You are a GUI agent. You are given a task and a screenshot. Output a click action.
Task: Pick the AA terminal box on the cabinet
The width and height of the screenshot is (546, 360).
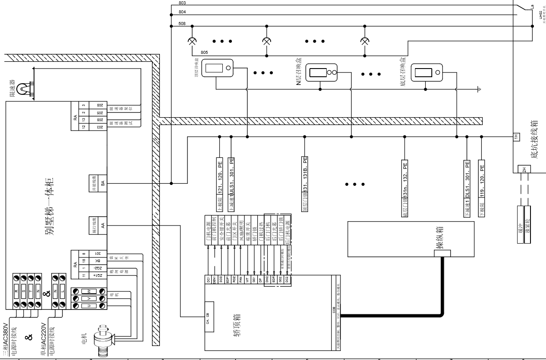point(102,225)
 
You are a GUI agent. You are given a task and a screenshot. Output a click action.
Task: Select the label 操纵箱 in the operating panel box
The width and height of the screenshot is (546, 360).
point(439,239)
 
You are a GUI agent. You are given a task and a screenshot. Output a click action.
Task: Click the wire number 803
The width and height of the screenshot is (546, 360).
point(182,3)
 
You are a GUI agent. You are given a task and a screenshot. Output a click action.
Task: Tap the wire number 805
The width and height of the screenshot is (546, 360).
point(204,52)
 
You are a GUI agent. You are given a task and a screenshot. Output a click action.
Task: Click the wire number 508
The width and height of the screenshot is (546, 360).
point(182,23)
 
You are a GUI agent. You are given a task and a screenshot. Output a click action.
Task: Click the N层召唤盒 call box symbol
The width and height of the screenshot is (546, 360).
point(321,72)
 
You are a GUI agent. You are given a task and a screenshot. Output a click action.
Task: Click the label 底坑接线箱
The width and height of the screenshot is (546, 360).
point(534,139)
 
